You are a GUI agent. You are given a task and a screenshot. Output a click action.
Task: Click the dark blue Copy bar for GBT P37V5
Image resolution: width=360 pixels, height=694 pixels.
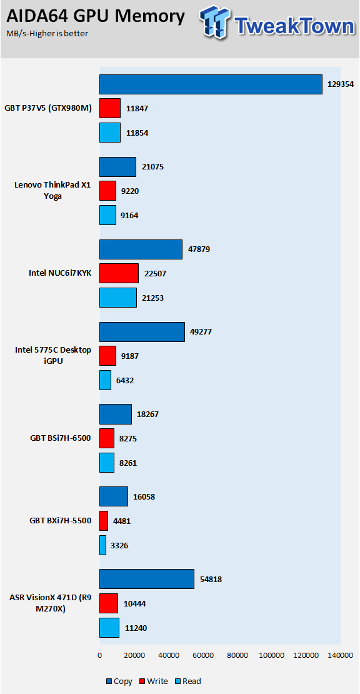click(211, 84)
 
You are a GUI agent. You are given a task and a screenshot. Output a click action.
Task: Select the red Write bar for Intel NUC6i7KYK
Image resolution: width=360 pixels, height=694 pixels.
click(119, 273)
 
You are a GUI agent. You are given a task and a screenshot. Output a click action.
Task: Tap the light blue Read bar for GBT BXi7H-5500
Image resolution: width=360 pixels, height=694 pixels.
click(102, 545)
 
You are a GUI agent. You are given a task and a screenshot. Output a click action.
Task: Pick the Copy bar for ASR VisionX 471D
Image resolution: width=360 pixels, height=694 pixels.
click(147, 579)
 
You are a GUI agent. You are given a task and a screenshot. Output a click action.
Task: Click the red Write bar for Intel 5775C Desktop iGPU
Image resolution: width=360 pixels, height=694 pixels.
click(108, 356)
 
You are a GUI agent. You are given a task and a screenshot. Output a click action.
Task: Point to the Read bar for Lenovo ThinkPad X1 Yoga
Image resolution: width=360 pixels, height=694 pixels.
click(108, 215)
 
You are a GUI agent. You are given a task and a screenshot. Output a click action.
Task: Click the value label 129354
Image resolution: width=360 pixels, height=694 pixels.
click(341, 84)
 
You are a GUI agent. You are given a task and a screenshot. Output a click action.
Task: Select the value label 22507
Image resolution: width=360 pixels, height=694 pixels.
click(155, 273)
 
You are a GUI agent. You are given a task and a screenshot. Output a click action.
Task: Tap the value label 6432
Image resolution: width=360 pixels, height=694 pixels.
click(125, 380)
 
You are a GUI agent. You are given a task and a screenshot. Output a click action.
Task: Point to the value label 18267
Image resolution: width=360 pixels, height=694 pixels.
click(147, 415)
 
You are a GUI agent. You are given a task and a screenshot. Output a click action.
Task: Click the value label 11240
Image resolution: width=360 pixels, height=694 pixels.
click(136, 627)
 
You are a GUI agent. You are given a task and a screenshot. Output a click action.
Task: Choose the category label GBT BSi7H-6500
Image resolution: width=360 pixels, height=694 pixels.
click(60, 439)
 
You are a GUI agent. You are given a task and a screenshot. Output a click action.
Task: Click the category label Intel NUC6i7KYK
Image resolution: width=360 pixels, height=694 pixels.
click(60, 273)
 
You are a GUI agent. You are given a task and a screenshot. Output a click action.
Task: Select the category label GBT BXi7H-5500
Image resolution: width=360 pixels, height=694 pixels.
click(60, 520)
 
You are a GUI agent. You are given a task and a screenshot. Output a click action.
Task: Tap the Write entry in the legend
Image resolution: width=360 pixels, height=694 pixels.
click(154, 681)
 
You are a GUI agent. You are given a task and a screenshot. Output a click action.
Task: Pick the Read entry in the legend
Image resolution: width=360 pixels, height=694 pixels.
click(187, 681)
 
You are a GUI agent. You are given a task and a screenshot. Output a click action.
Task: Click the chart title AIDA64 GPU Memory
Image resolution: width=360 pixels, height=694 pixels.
click(95, 17)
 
